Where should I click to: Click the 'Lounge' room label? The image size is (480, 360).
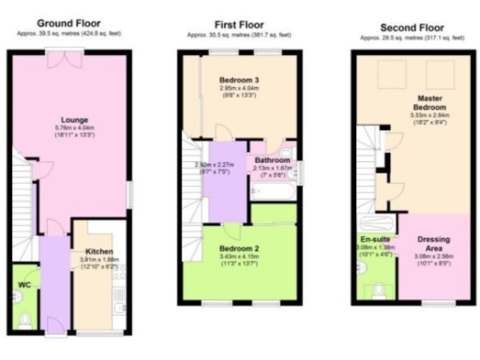point(75,121)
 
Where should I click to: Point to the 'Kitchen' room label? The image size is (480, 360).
point(99,252)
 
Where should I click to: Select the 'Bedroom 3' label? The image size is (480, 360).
point(238,78)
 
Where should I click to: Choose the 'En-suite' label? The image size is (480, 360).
point(376,240)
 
